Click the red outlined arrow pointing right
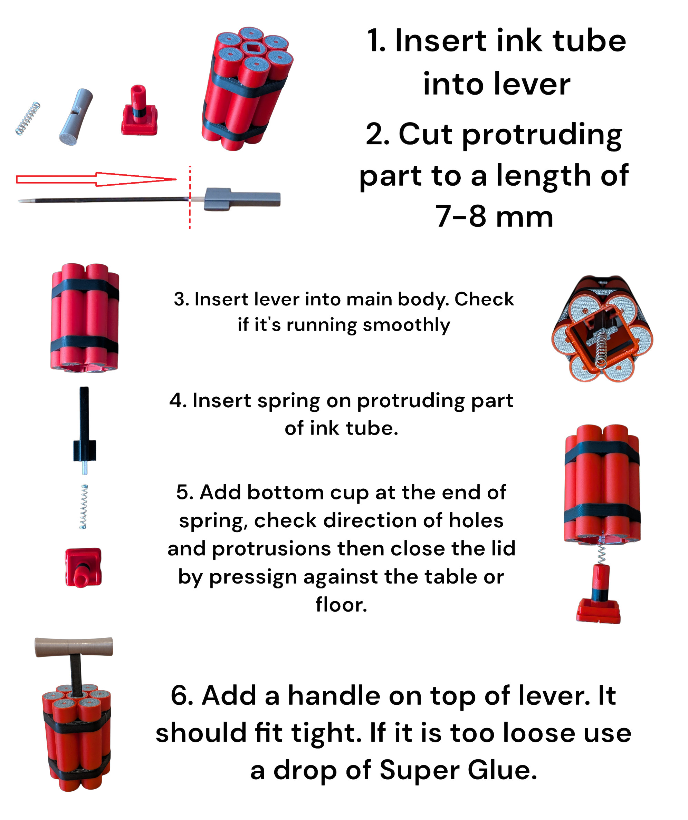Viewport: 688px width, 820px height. point(96,179)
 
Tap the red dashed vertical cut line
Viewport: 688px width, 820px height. point(190,197)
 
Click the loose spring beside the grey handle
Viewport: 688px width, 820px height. point(28,119)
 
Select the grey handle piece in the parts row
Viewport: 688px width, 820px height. point(76,117)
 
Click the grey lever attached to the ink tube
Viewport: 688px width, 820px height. point(242,199)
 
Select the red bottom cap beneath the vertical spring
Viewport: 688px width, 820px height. point(83,567)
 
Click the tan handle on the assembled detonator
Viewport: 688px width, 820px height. point(74,647)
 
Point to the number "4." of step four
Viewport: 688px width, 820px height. point(178,401)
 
